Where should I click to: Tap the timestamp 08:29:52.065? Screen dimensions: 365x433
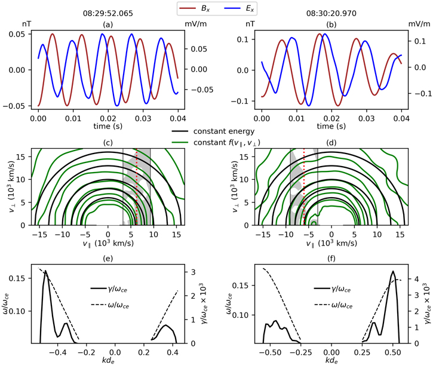click(108, 10)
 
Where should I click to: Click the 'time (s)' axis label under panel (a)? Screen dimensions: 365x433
click(108, 127)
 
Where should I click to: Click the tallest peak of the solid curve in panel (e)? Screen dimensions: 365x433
click(45, 272)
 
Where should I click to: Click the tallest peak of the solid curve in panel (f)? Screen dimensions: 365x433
click(394, 272)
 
